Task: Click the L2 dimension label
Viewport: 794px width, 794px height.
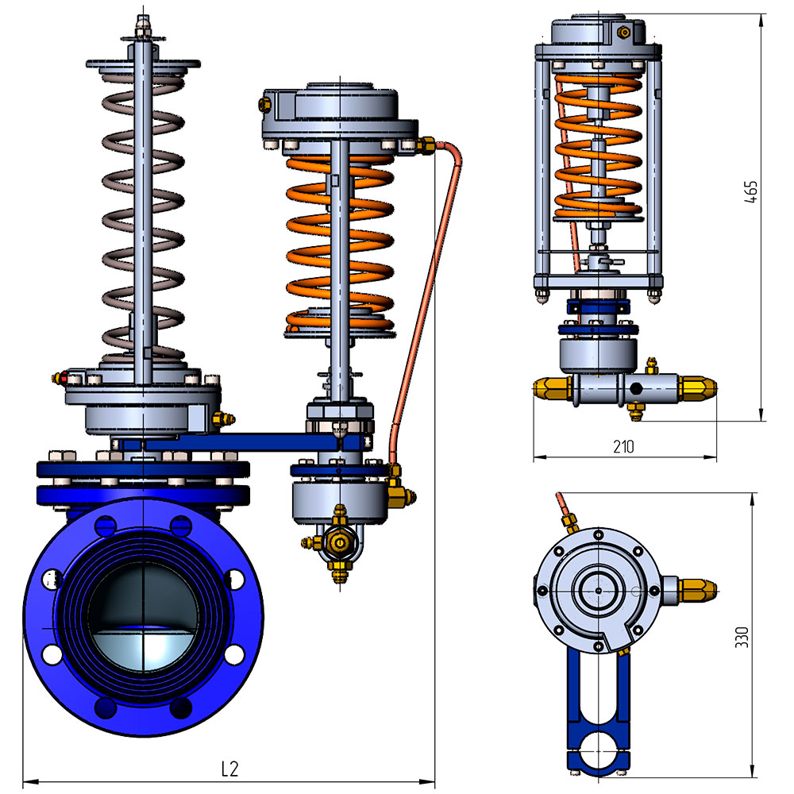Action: point(229,769)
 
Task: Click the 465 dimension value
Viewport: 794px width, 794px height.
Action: point(751,192)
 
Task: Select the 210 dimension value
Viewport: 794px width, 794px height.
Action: point(623,446)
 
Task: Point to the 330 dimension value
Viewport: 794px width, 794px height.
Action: point(742,637)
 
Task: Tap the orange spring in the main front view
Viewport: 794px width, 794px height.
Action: point(340,243)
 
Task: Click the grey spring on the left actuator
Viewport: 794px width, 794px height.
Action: point(143,213)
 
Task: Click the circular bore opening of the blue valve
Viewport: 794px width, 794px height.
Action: point(143,617)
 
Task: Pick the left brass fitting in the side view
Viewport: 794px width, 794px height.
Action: point(552,388)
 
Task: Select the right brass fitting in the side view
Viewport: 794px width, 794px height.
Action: point(697,388)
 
